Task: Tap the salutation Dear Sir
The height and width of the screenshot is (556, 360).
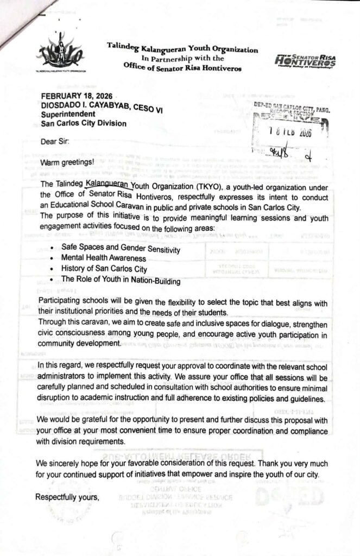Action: click(55, 142)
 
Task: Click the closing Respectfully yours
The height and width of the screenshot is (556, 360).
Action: click(67, 497)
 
